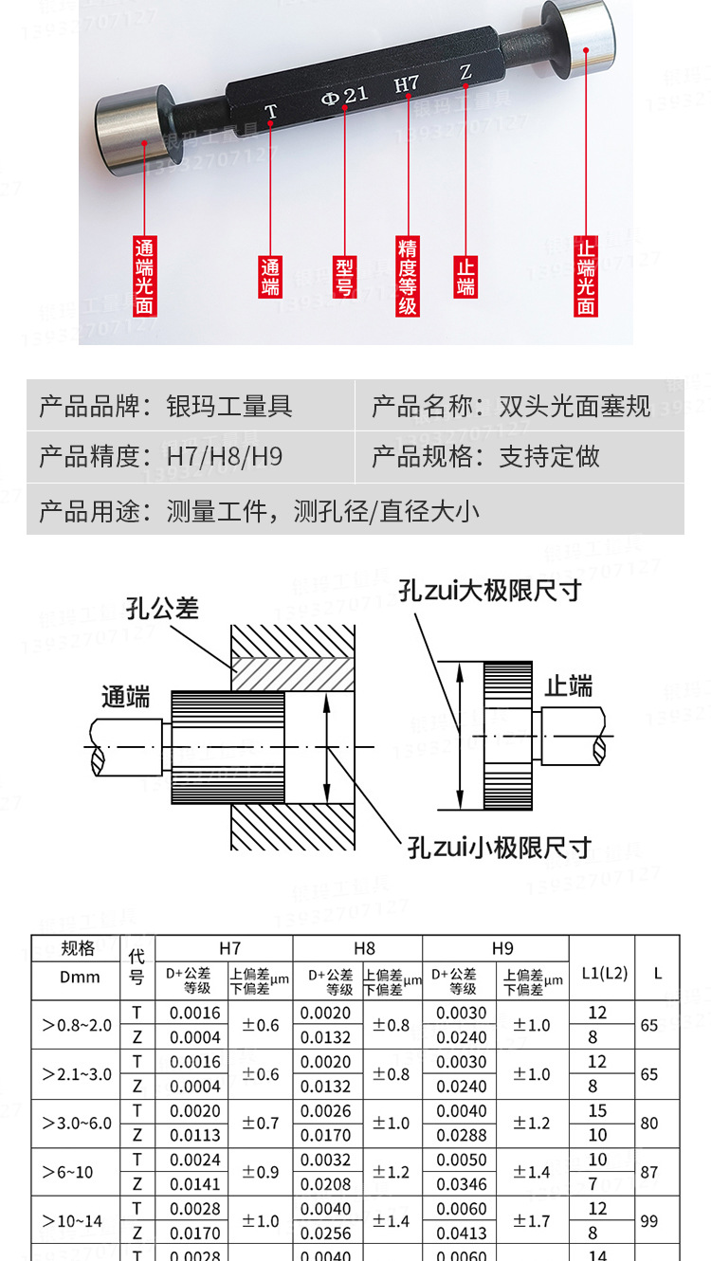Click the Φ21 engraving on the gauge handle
tap(345, 96)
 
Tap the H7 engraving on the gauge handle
tap(407, 83)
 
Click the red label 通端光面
tap(144, 275)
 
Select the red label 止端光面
tap(586, 276)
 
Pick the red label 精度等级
tap(408, 276)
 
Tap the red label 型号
tap(345, 276)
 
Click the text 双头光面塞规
tap(574, 407)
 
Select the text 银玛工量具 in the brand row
tap(229, 407)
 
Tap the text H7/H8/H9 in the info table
tap(225, 456)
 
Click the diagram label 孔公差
tap(162, 608)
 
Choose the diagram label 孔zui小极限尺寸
tap(500, 847)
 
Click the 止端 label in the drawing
tap(569, 685)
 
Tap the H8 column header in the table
tap(364, 947)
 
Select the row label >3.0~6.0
tap(77, 1124)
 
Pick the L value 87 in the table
tap(649, 1172)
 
